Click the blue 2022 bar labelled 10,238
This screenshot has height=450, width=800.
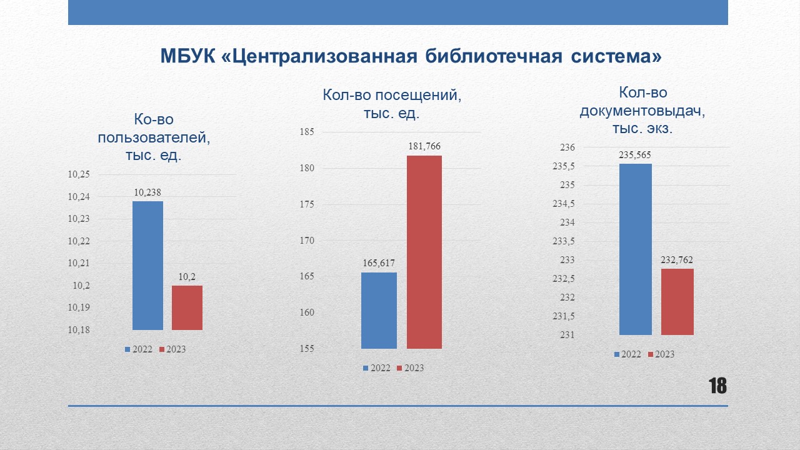pyautogui.click(x=147, y=266)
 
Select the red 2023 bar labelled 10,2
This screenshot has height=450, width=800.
pyautogui.click(x=187, y=307)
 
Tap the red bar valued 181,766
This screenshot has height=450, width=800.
pyautogui.click(x=424, y=252)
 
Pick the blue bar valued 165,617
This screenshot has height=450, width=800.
pyautogui.click(x=379, y=311)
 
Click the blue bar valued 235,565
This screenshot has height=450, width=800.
pyautogui.click(x=636, y=249)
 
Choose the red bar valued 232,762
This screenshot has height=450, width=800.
pyautogui.click(x=677, y=302)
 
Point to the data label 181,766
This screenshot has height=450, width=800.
pyautogui.click(x=424, y=146)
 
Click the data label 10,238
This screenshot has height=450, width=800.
pyautogui.click(x=147, y=192)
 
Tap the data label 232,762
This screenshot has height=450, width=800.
pyautogui.click(x=677, y=259)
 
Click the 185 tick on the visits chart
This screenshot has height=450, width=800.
pyautogui.click(x=307, y=132)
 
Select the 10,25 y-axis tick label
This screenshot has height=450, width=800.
pyautogui.click(x=79, y=174)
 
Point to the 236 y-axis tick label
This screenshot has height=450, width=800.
pyautogui.click(x=567, y=147)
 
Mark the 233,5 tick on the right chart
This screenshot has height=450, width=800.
pyautogui.click(x=564, y=241)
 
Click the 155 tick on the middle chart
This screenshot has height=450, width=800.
pyautogui.click(x=307, y=349)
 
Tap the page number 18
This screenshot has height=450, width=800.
pyautogui.click(x=717, y=386)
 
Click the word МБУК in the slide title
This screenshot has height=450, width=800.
pyautogui.click(x=188, y=56)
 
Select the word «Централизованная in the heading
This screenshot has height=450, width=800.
pyautogui.click(x=319, y=57)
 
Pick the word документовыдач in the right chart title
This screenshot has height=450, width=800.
pyautogui.click(x=642, y=111)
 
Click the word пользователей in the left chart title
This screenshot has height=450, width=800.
pyautogui.click(x=154, y=137)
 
